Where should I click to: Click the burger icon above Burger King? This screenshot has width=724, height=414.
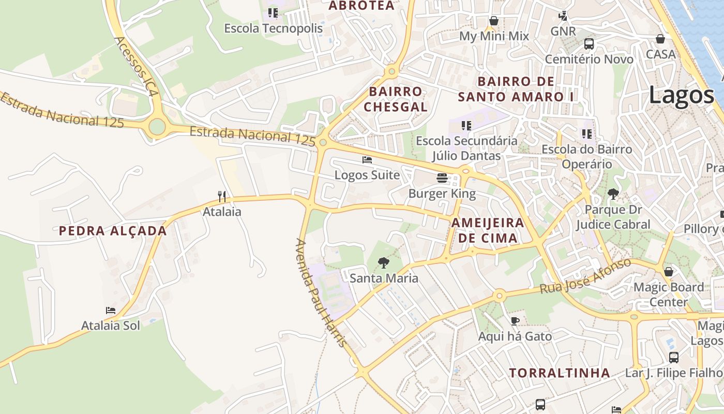[x=442, y=179]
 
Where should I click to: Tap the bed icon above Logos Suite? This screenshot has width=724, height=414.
[x=367, y=160]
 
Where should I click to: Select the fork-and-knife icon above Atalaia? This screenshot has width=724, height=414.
[x=222, y=196]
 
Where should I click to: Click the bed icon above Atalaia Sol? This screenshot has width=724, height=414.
[x=111, y=310]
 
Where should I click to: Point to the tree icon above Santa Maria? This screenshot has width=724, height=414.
[x=383, y=263]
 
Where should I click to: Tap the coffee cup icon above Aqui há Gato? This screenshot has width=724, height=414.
[x=515, y=321]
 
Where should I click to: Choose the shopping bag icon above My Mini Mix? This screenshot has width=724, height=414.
[x=494, y=21]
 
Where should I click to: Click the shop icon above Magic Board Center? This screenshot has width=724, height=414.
[x=669, y=272]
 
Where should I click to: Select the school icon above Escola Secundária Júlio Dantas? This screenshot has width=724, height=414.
[x=466, y=125]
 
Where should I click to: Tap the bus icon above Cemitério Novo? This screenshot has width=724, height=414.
[x=589, y=43]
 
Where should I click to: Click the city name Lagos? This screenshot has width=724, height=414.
[x=681, y=95]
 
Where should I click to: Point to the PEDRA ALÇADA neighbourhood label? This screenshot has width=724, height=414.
[x=113, y=231]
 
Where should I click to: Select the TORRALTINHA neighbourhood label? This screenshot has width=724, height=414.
[x=560, y=373]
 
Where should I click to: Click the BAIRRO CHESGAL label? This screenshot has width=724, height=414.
[x=396, y=99]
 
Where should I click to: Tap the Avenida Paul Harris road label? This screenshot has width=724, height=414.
[x=321, y=292]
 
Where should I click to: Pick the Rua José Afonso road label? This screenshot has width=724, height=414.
[x=586, y=276]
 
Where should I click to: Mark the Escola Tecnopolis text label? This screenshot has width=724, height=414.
[x=273, y=28]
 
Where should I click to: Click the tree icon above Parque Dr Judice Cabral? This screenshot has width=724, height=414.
[x=613, y=195]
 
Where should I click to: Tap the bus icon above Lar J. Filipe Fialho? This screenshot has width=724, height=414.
[x=674, y=357]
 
